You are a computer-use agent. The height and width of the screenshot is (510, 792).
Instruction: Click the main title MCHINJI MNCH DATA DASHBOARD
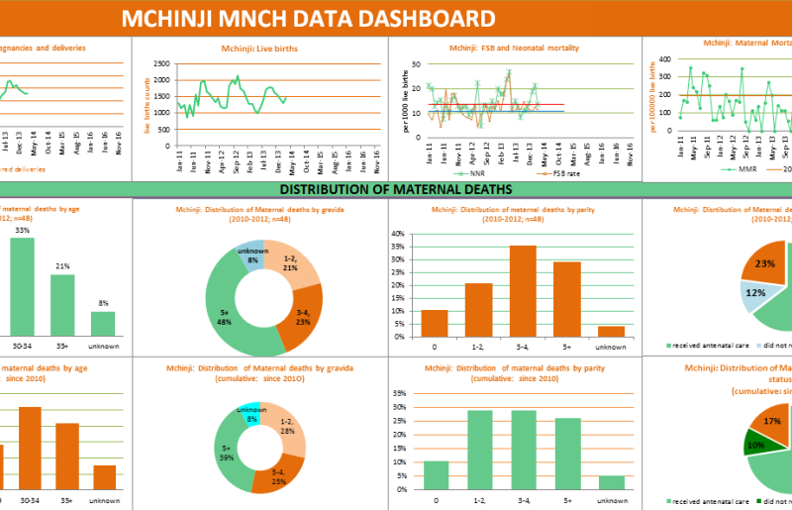pyautogui.click(x=308, y=18)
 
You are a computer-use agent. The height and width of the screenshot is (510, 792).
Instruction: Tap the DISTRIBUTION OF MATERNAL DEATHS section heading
pyautogui.click(x=395, y=188)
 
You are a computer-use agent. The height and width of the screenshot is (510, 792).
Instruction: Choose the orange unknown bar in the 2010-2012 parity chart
pyautogui.click(x=611, y=331)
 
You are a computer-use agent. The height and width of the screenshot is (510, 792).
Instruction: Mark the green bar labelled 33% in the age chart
pyautogui.click(x=22, y=287)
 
